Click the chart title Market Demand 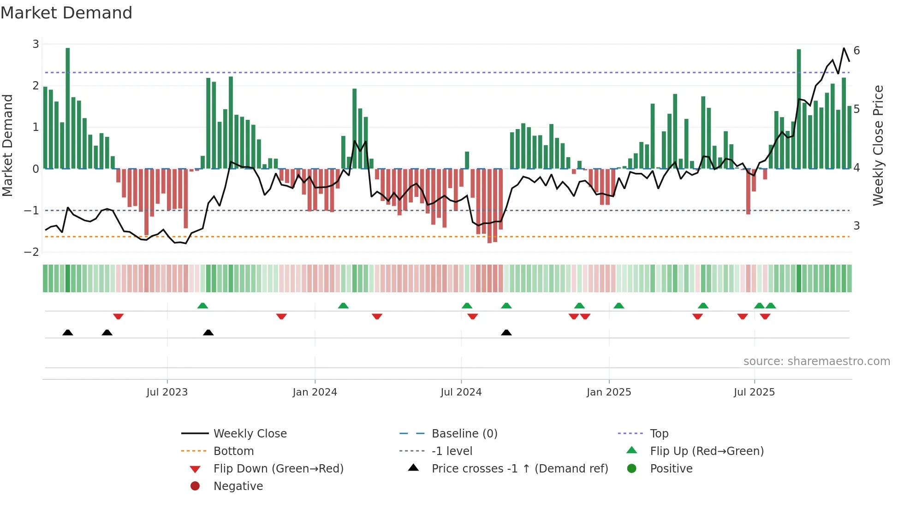pos(66,13)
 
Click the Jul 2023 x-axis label pos(167,392)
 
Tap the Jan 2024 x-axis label pos(315,392)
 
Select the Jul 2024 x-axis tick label pos(461,392)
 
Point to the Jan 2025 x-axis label pos(609,392)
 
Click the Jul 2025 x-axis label pos(755,392)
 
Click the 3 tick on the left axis pos(36,44)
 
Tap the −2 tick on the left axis pos(32,252)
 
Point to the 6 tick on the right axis pos(857,51)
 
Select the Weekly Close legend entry pos(250,434)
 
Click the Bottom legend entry pos(233,451)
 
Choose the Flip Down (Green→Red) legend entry pos(278,469)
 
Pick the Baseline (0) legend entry pos(464,434)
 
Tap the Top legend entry pos(659,434)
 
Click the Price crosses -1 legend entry pos(519,469)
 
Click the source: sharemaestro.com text pos(816,361)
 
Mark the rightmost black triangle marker pos(506,333)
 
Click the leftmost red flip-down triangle pos(118,316)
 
